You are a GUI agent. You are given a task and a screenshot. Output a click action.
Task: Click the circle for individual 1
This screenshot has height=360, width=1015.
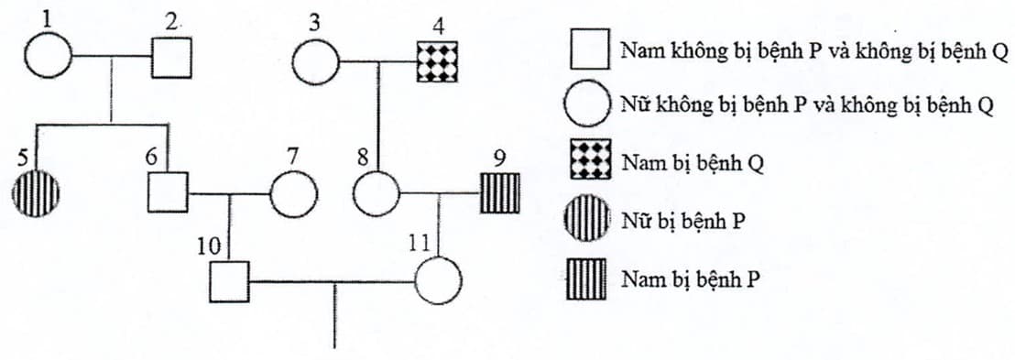click(x=47, y=58)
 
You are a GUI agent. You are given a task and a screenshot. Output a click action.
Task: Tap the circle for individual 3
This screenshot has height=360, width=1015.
click(x=316, y=63)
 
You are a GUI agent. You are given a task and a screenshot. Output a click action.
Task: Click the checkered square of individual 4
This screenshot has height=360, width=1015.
click(x=436, y=63)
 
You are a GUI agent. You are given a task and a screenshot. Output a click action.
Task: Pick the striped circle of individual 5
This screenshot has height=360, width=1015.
click(x=37, y=194)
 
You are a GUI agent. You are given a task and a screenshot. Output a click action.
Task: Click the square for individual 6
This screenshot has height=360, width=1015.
click(x=168, y=192)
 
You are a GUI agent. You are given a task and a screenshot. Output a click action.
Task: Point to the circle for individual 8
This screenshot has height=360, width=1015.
click(x=377, y=194)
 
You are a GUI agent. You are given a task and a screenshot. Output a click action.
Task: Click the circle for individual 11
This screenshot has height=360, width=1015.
click(x=438, y=280)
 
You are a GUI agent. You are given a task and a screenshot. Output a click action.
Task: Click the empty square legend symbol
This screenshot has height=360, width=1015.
click(x=590, y=49)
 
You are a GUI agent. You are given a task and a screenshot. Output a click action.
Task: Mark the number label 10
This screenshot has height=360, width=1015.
click(x=208, y=245)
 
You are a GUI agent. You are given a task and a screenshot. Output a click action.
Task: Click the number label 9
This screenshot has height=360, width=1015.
click(x=498, y=158)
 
